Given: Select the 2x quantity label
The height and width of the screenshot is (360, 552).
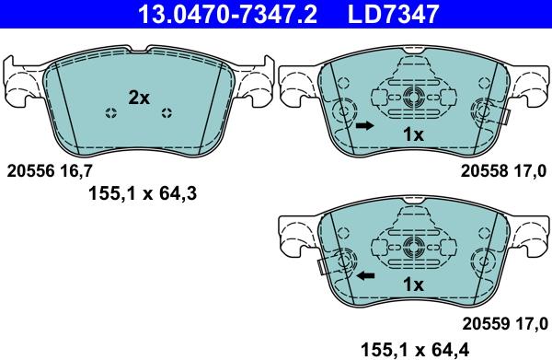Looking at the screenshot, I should [139, 98].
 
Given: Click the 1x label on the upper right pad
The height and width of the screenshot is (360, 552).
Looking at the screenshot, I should [413, 134].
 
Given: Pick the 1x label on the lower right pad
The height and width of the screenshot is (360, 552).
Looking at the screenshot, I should [413, 285].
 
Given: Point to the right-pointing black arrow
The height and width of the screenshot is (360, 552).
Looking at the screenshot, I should [365, 124].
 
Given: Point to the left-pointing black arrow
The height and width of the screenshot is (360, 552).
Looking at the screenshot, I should [365, 275].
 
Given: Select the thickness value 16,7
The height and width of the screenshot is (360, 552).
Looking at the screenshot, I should [76, 170].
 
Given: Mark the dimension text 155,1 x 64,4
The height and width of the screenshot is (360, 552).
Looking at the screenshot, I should [417, 347].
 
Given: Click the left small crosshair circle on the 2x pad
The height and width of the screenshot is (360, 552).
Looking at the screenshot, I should [110, 113].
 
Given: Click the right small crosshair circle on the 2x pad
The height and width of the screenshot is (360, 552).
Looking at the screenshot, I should [167, 113].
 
